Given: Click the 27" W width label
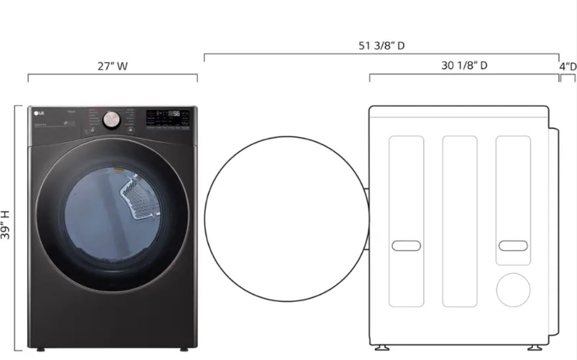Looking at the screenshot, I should (x=113, y=67).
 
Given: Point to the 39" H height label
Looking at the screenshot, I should (x=6, y=225).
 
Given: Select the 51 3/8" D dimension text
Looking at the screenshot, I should (x=381, y=45).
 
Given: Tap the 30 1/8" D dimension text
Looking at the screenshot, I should (x=464, y=66).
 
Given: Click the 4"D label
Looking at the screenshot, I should (x=567, y=67).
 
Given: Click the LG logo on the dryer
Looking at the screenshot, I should (x=39, y=112).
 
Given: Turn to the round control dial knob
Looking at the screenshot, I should (x=112, y=119).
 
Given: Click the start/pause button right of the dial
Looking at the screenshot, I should (x=130, y=130).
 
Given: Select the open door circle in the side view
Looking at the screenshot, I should (x=286, y=218).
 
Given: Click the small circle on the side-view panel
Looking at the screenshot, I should (x=512, y=290).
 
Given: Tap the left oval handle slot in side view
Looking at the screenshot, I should (x=406, y=246).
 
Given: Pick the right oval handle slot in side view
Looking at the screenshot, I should (x=513, y=246).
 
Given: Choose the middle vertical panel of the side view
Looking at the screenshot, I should (x=460, y=221).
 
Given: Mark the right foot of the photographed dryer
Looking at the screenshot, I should (x=183, y=349).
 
